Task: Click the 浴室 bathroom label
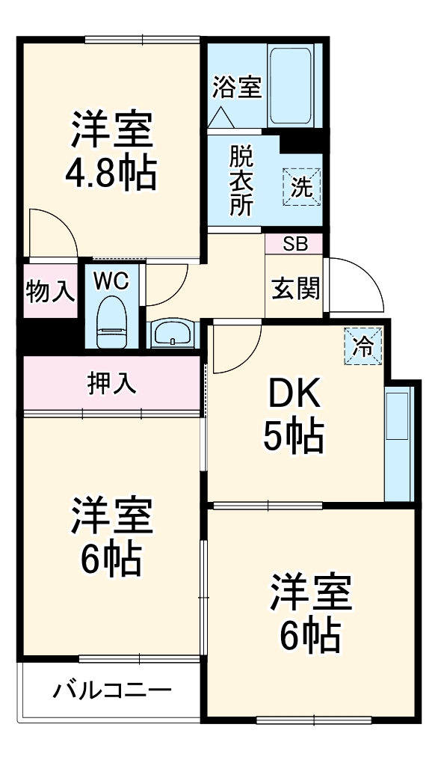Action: point(236,87)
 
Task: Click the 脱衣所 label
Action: point(241,181)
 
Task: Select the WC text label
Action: point(111,281)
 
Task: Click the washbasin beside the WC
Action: point(173,334)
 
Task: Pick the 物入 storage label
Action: point(49,290)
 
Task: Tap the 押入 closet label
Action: point(112,383)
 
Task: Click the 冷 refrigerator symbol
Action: point(363,346)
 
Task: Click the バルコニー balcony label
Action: point(112,690)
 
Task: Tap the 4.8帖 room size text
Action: point(111,174)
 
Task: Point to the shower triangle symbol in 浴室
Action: point(222,115)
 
